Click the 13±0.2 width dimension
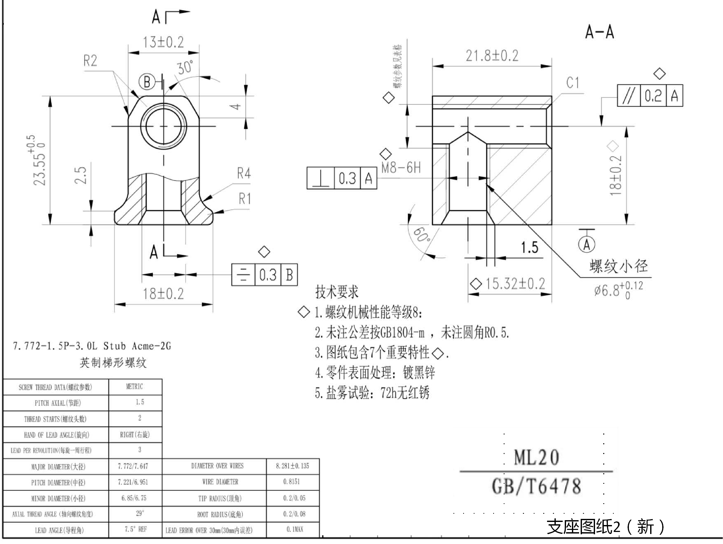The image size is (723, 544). (163, 42)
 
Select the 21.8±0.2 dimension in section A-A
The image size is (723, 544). (492, 56)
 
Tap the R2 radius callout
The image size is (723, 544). (90, 61)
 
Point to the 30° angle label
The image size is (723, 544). (185, 67)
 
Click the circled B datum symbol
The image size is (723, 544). (147, 82)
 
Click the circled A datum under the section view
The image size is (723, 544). (587, 244)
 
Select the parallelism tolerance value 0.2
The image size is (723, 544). (653, 96)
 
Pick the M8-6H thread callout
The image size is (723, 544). (401, 168)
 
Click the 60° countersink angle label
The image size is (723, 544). (422, 235)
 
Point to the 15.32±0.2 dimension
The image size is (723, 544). (515, 284)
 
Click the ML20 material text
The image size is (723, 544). (536, 457)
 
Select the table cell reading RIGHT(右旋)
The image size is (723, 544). (135, 435)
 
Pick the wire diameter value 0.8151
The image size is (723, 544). (292, 482)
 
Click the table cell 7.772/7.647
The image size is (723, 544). (133, 466)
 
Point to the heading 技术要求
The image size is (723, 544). (337, 291)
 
